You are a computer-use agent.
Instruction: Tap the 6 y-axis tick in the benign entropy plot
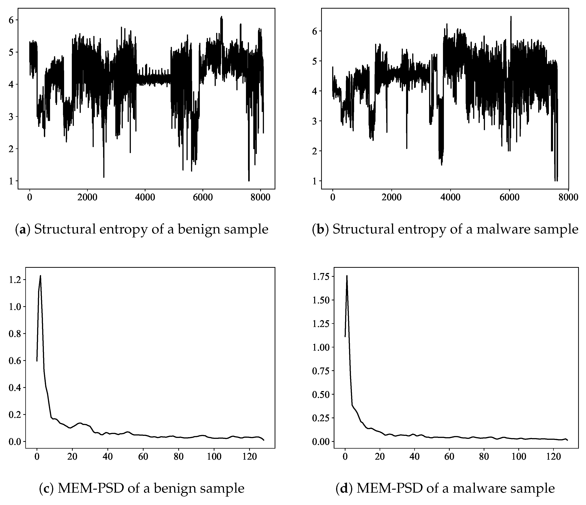click(x=12, y=20)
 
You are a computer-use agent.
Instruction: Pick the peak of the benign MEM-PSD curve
click(x=40, y=276)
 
